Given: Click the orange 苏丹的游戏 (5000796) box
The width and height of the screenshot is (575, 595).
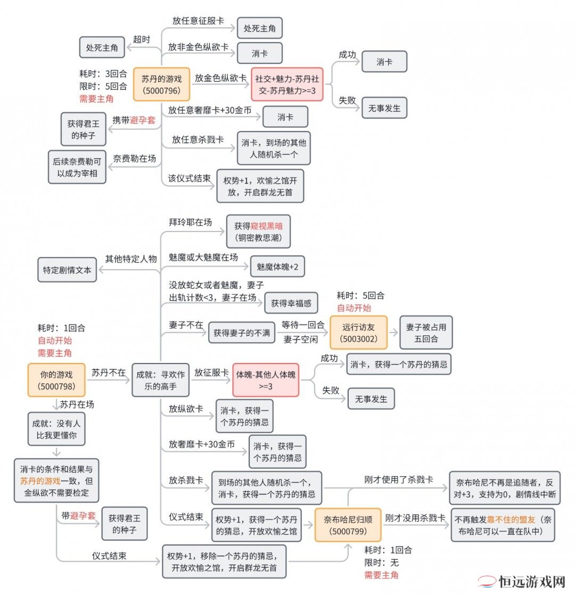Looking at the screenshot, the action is [162, 84].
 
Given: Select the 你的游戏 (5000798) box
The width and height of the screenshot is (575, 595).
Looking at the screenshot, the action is [56, 380].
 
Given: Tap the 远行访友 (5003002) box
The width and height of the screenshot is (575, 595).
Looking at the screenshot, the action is [359, 333].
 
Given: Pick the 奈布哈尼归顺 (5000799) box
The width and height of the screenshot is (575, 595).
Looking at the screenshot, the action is [348, 525].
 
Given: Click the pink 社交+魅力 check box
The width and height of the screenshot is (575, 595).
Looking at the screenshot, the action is [287, 84].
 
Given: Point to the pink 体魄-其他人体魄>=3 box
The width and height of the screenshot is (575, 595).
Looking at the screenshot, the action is [266, 380].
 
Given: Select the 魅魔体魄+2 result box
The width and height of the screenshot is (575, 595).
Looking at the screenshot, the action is [277, 267].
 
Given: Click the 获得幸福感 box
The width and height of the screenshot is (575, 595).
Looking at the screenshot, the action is [291, 303].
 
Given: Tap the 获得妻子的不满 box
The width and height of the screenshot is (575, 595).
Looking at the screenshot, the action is [242, 333].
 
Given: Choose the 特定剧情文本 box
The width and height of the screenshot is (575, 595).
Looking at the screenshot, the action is [67, 270].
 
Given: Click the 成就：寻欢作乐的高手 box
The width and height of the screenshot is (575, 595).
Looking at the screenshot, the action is [161, 380].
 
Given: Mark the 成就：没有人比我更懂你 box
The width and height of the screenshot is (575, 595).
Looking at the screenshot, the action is [56, 429].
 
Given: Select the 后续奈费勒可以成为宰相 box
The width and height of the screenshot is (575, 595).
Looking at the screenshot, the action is [77, 167].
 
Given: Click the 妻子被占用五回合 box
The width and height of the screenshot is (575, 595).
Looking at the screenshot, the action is [426, 333].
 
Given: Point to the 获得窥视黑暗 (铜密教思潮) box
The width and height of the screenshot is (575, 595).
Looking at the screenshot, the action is [258, 232].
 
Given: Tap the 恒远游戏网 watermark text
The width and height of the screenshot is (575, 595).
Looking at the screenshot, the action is [532, 582].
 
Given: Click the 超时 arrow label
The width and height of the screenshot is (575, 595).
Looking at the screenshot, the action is [142, 39].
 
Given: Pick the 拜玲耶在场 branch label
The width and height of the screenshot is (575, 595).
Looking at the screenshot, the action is [191, 222].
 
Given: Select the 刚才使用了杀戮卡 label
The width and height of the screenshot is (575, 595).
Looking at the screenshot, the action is [399, 480].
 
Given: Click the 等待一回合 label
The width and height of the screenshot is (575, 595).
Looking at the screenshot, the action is [303, 325].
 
